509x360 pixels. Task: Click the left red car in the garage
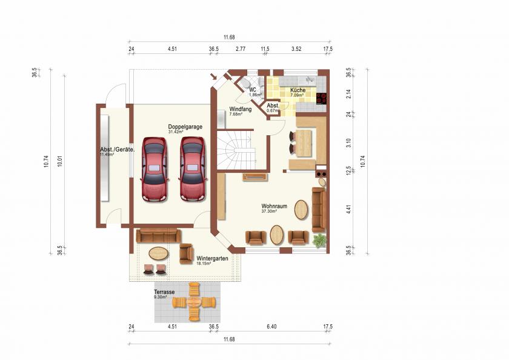point(154,169)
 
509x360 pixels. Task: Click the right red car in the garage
point(191,169)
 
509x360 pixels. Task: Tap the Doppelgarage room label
point(185,127)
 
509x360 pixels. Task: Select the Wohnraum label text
point(273,205)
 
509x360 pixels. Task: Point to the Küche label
point(298,90)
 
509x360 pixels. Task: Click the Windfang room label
point(240,110)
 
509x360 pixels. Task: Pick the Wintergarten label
point(212,258)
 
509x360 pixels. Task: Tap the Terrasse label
point(164,292)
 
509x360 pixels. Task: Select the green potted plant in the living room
point(320,241)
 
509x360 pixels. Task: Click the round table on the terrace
point(195,301)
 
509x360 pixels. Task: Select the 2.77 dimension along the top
point(241,48)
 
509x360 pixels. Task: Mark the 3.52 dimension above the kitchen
point(296,48)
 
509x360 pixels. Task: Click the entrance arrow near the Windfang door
point(213,76)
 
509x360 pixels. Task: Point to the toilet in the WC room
point(245,84)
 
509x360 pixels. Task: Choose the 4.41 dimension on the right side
point(348,210)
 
